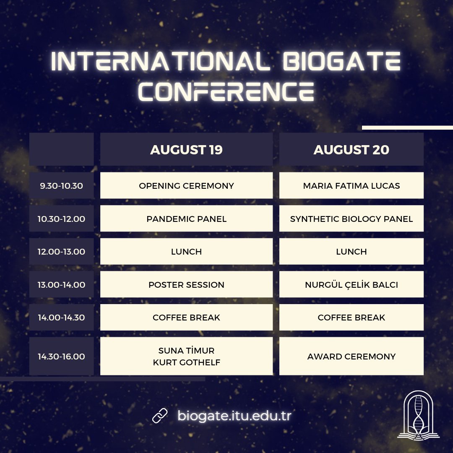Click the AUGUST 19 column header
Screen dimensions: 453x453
(186, 150)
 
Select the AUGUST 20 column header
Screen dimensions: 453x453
(351, 150)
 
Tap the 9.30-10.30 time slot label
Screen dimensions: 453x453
(61, 185)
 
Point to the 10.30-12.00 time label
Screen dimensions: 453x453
(61, 219)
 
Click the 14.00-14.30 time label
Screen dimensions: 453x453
(61, 318)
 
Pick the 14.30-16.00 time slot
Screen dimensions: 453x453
(61, 357)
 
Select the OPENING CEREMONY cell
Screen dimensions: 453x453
(186, 185)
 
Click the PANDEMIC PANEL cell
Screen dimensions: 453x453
(186, 219)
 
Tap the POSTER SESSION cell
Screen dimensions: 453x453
(186, 284)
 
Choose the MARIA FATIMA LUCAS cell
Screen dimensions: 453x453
(351, 185)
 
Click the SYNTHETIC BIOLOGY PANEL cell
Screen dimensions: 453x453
(351, 219)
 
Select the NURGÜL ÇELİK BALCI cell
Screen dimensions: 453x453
(351, 284)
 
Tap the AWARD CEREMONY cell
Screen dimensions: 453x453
(351, 357)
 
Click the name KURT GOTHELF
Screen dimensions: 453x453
(186, 362)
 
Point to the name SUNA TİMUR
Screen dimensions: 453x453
(186, 351)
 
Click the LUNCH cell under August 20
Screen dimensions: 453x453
(351, 252)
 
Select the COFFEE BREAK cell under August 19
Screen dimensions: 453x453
(186, 318)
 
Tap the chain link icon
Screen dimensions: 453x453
(160, 416)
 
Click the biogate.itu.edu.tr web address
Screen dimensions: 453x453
(234, 416)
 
